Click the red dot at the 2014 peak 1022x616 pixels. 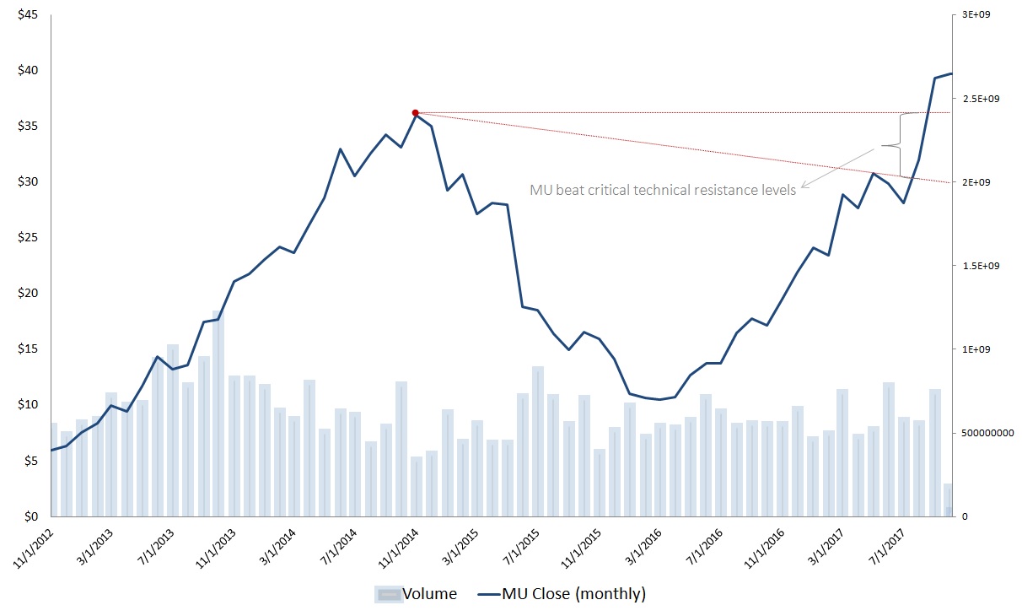pyautogui.click(x=415, y=112)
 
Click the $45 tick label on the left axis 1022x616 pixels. pyautogui.click(x=27, y=14)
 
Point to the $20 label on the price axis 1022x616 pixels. pyautogui.click(x=27, y=294)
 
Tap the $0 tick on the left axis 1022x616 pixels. pyautogui.click(x=31, y=516)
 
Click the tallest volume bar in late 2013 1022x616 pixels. pyautogui.click(x=218, y=413)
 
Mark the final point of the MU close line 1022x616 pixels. pyautogui.click(x=952, y=74)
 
